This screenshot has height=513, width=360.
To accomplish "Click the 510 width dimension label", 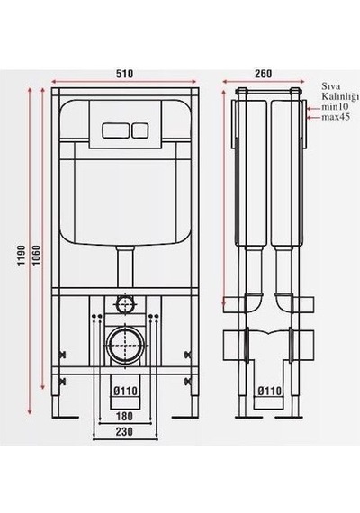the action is [x=125, y=74].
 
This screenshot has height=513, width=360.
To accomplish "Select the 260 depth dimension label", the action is [x=263, y=74].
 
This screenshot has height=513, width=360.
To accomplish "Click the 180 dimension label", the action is [x=124, y=416].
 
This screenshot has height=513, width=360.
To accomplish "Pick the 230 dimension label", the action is [x=124, y=431].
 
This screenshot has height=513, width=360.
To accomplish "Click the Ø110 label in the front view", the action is [x=125, y=391].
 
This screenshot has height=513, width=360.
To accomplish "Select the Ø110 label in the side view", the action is [x=269, y=391].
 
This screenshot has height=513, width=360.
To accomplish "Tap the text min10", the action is [x=335, y=107].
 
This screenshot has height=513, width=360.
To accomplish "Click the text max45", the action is [x=336, y=117].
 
